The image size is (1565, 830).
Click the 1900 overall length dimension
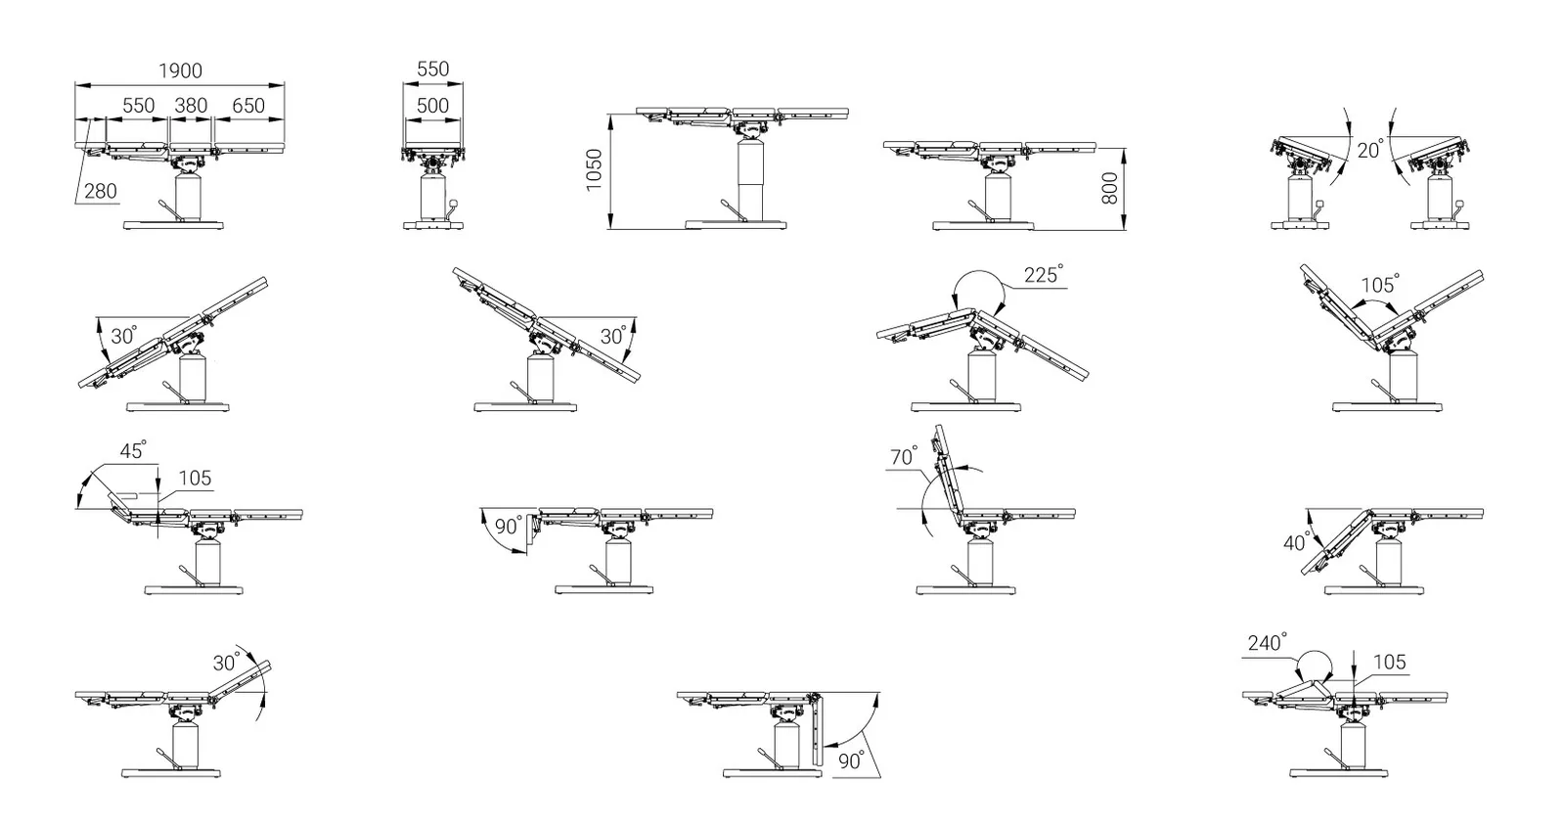pyautogui.click(x=180, y=70)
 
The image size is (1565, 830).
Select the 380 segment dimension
pyautogui.click(x=191, y=106)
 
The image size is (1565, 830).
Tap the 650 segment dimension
pyautogui.click(x=248, y=106)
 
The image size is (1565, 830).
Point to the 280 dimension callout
pyautogui.click(x=101, y=191)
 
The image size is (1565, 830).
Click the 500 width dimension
pyautogui.click(x=432, y=106)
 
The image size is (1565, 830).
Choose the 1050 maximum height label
pyautogui.click(x=594, y=170)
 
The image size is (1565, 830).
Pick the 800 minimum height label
pyautogui.click(x=1109, y=188)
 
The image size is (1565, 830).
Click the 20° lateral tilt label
pyautogui.click(x=1370, y=149)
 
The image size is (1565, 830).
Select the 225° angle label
pyautogui.click(x=1043, y=274)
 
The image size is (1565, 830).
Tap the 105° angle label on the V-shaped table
pyautogui.click(x=1380, y=284)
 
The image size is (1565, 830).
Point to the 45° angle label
pyautogui.click(x=133, y=450)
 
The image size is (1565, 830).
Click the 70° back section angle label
pyautogui.click(x=903, y=456)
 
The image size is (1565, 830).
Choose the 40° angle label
pyautogui.click(x=1297, y=542)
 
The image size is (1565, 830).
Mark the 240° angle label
pyautogui.click(x=1267, y=642)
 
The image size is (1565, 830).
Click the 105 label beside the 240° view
pyautogui.click(x=1389, y=663)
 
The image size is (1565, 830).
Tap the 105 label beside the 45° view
pyautogui.click(x=195, y=479)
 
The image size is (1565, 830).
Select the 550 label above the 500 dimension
pyautogui.click(x=432, y=69)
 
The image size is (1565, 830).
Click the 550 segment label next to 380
pyautogui.click(x=138, y=106)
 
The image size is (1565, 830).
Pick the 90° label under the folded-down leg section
pyautogui.click(x=851, y=761)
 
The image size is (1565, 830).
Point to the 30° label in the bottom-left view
pyautogui.click(x=226, y=663)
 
